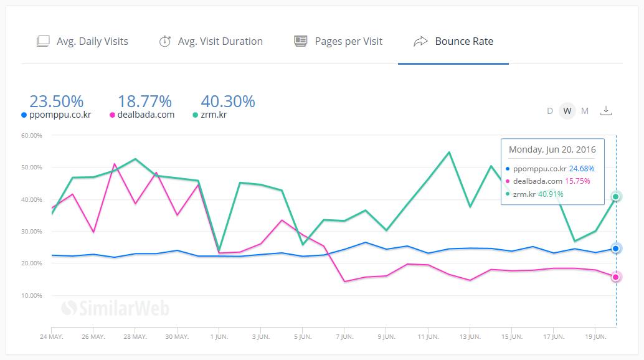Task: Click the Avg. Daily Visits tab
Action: point(83,42)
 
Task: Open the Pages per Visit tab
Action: point(339,42)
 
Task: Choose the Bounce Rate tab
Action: point(453,42)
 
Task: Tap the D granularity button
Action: point(550,111)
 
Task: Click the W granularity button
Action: point(567,111)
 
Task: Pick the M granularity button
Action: point(584,111)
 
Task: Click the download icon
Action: point(606,111)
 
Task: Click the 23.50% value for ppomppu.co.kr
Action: point(56,101)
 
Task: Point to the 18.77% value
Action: point(144,101)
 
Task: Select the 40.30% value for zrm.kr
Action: point(228,101)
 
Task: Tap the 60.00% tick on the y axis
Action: point(32,136)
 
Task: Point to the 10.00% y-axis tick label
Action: point(32,295)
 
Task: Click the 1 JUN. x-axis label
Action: point(219,337)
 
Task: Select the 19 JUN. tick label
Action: point(595,337)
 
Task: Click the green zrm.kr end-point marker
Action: point(616,197)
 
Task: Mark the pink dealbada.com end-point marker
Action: point(616,277)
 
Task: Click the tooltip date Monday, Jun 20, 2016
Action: point(552,149)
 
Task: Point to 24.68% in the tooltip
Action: point(582,168)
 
